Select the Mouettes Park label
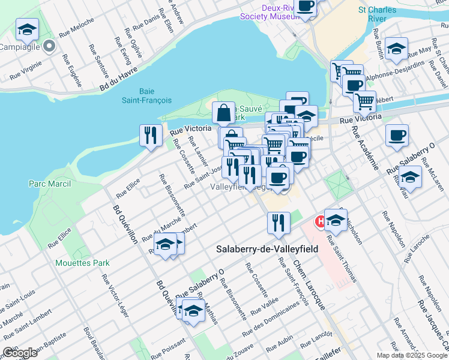click(x=82, y=262)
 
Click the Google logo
click(x=20, y=353)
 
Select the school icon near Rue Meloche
click(x=26, y=29)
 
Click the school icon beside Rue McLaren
click(x=410, y=176)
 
